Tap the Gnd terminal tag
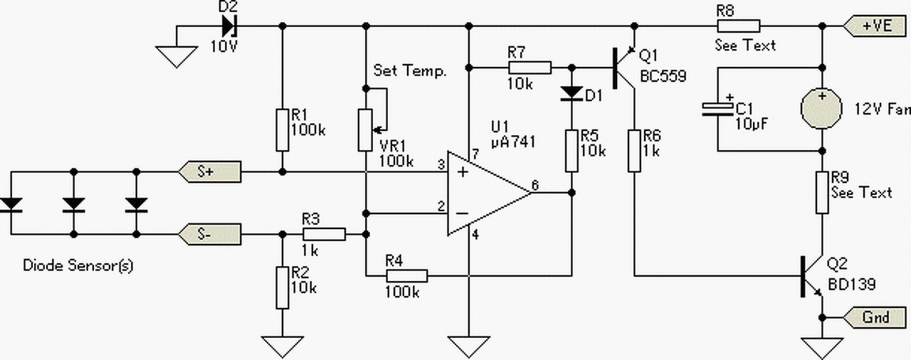875,317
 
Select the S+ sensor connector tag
209,172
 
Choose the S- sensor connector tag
209,235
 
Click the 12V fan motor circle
821,109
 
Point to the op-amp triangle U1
488,193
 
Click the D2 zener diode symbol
229,26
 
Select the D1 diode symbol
572,93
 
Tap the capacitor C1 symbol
718,110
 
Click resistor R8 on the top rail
738,26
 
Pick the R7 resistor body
530,68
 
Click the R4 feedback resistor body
406,276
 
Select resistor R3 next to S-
324,235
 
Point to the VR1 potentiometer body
365,130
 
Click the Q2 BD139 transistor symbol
812,276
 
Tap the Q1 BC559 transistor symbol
624,68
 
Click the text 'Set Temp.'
410,70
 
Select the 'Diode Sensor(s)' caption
78,266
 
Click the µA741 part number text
513,142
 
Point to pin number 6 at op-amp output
535,185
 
